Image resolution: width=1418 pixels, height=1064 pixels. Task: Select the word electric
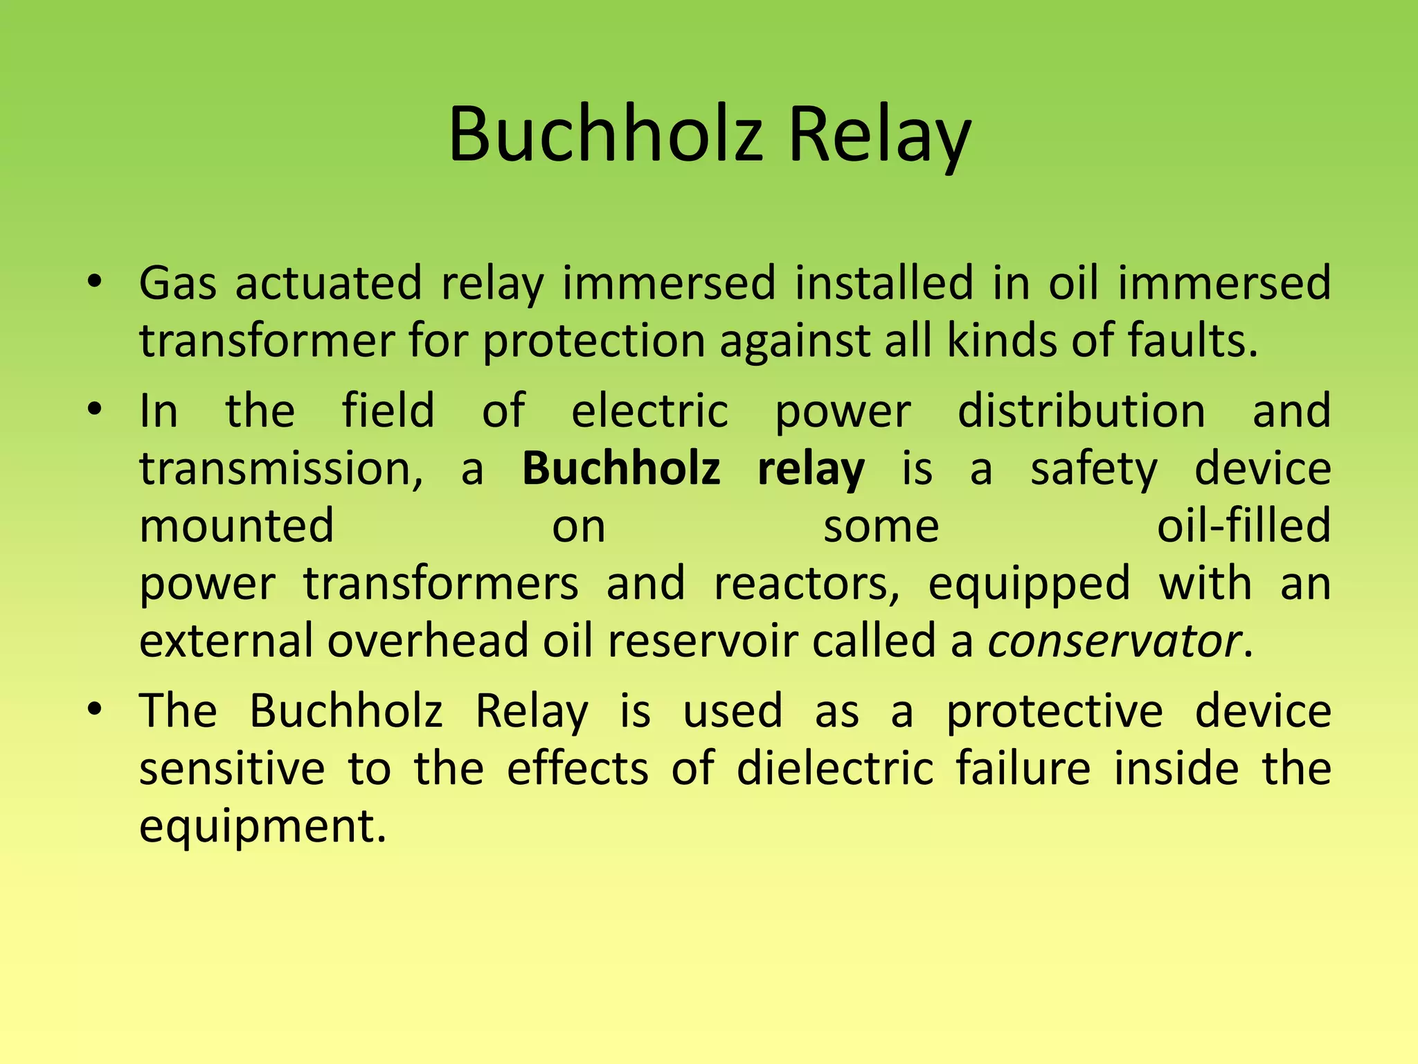pyautogui.click(x=649, y=411)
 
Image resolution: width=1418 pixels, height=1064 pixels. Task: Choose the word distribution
pyautogui.click(x=1082, y=411)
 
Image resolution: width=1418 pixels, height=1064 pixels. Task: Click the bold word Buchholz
pyautogui.click(x=621, y=468)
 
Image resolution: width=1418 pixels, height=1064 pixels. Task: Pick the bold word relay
pyautogui.click(x=811, y=468)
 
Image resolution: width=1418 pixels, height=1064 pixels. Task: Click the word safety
pyautogui.click(x=1093, y=468)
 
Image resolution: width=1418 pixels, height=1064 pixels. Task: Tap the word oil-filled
pyautogui.click(x=1244, y=526)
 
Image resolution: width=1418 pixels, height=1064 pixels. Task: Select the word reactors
pyautogui.click(x=807, y=583)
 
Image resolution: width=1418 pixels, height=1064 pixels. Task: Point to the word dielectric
pyautogui.click(x=835, y=768)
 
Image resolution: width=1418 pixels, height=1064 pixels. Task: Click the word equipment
pyautogui.click(x=262, y=826)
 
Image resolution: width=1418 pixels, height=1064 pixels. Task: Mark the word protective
pyautogui.click(x=1054, y=711)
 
